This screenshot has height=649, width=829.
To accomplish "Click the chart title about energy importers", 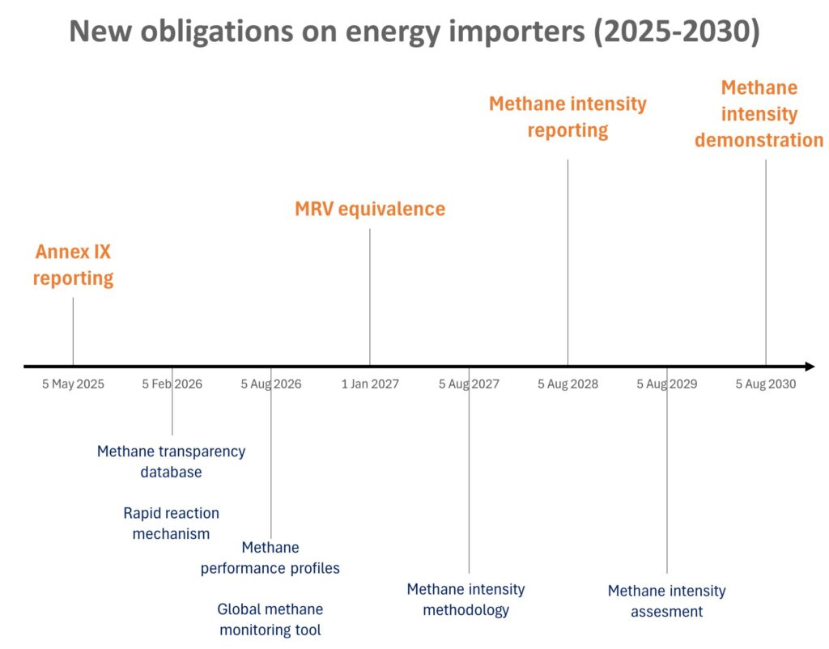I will coord(414,32).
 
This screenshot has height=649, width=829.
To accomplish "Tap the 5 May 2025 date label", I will coord(73,384).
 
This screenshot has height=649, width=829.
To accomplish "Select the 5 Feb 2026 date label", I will coord(172,384).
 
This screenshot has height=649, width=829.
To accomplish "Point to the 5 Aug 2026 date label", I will coord(270,384).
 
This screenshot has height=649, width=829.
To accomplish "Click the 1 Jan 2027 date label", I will coord(370,384).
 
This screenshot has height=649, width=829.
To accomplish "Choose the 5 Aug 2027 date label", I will coord(469,384).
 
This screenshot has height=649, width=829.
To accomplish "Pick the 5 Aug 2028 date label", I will coord(568,384).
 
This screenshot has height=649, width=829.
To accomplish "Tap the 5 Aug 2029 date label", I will coord(666,384).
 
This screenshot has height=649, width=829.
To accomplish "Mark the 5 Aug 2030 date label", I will coord(765,384).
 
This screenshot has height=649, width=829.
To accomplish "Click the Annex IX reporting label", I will coord(73,265).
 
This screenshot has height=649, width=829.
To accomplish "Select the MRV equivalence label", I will coord(370,209).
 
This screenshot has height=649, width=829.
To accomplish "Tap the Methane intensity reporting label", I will coord(568,117).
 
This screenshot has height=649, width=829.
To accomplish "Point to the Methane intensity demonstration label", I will coord(759,113).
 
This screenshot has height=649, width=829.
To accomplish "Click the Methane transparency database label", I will coord(171,461).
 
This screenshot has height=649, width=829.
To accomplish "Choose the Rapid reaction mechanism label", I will coord(171,524).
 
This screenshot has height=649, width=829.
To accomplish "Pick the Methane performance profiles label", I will coord(270,558).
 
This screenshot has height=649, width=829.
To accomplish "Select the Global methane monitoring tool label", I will coord(270,619).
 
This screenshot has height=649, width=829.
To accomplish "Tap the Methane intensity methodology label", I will coord(466,600).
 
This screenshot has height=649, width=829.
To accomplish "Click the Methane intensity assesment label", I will coord(666,601).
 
